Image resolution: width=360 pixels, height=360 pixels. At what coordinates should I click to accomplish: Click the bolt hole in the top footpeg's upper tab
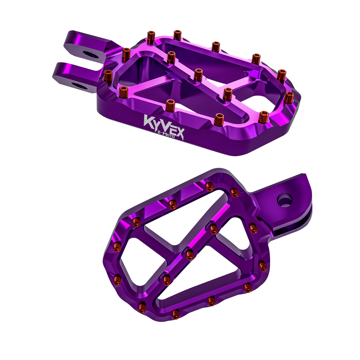point(91,54)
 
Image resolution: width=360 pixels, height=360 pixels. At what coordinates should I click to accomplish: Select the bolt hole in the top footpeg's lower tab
point(79,86)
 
